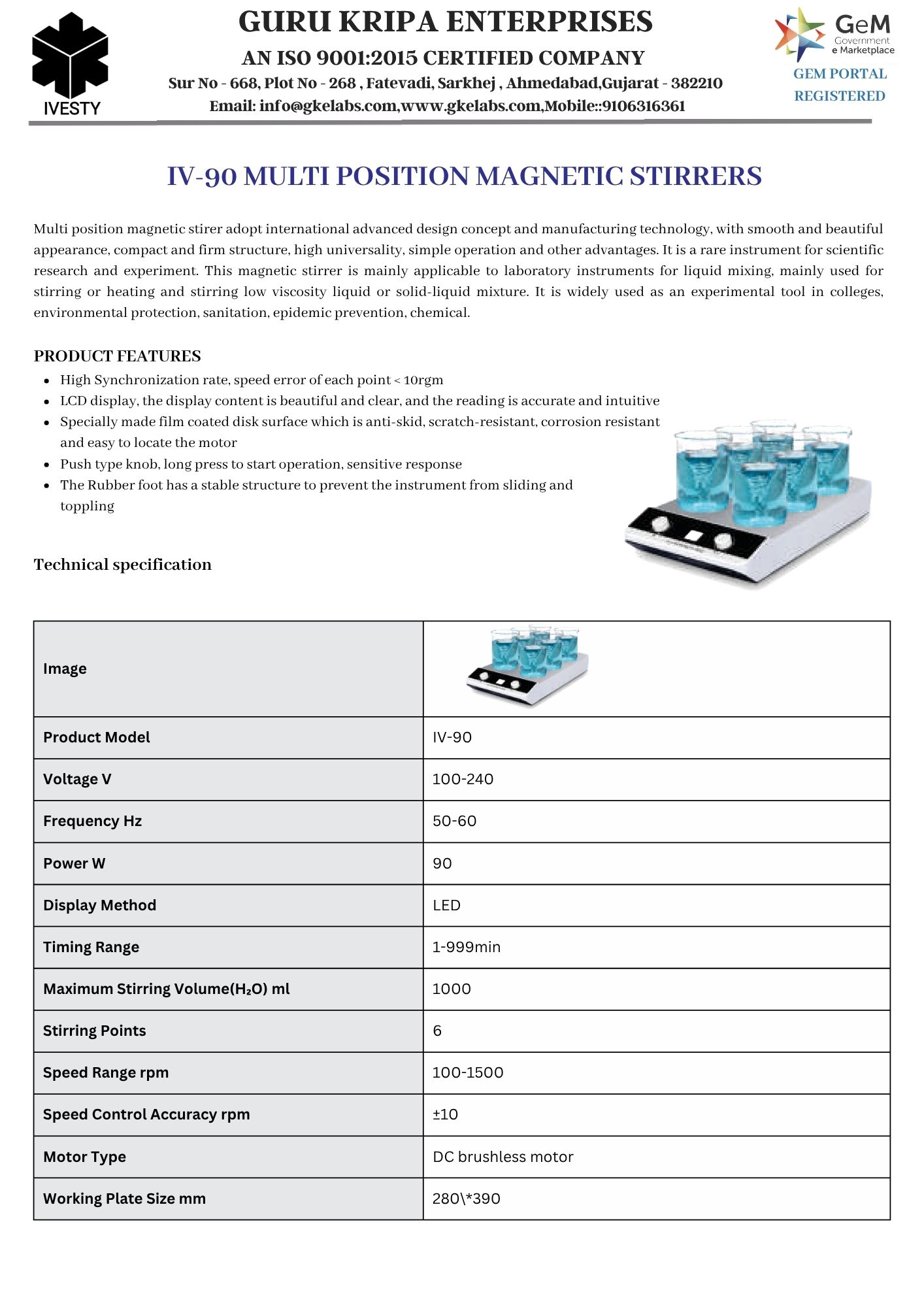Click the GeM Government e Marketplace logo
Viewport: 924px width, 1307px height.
click(x=835, y=35)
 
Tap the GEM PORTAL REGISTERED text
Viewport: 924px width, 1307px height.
click(x=840, y=85)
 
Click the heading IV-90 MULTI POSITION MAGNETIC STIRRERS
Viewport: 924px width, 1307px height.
click(x=464, y=176)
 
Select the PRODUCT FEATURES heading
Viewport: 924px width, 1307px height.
click(x=118, y=356)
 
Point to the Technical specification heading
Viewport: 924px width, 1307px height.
click(x=123, y=565)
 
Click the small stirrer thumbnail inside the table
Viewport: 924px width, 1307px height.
click(x=528, y=667)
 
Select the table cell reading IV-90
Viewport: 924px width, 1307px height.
click(x=452, y=737)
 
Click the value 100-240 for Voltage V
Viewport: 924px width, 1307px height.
click(x=463, y=779)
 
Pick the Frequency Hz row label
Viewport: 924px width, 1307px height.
click(x=92, y=821)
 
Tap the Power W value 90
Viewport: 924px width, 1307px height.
click(x=442, y=863)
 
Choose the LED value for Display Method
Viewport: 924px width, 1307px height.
click(x=446, y=905)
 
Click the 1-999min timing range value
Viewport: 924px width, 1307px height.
click(x=467, y=947)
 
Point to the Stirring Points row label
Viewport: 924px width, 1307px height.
click(x=95, y=1031)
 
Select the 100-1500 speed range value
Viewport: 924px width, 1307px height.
click(x=468, y=1072)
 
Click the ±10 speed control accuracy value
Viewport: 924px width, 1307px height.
click(x=445, y=1114)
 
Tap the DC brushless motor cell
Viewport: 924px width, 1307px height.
click(x=503, y=1157)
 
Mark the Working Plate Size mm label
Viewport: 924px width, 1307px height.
click(x=124, y=1199)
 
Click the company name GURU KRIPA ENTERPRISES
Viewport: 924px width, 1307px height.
click(x=446, y=22)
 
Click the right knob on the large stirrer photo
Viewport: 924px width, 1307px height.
click(x=723, y=541)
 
